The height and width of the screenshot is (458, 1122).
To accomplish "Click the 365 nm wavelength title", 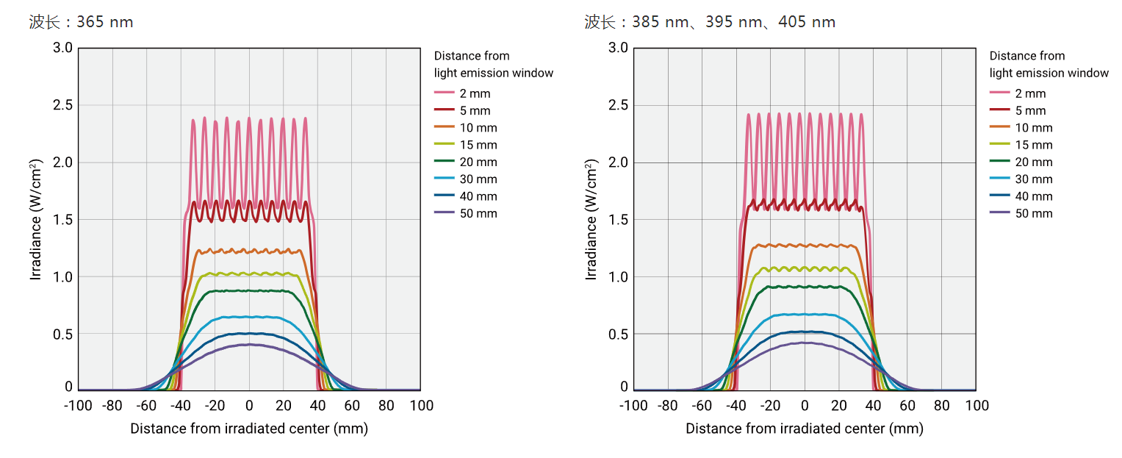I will click(81, 22).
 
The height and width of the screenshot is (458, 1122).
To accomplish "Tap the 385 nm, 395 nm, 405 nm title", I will click(710, 22).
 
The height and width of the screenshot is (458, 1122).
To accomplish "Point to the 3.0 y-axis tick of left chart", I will click(63, 48).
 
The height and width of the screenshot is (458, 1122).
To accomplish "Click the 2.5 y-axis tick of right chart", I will click(619, 105).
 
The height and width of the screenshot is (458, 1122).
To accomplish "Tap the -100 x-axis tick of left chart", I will click(78, 406).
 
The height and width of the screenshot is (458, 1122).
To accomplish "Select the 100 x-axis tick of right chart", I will click(977, 406).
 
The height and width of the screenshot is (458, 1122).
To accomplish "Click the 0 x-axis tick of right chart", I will click(805, 406).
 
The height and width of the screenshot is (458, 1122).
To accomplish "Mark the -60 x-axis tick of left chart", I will click(147, 406).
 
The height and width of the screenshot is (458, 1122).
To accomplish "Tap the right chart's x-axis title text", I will click(804, 429).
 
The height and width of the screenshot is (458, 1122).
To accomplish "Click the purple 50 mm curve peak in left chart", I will click(249, 344).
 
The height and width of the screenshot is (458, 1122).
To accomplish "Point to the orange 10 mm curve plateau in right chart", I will click(805, 245).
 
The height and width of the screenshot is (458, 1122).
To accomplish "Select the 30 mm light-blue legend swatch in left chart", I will click(445, 179).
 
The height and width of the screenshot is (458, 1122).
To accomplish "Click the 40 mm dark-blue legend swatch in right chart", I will click(1000, 196).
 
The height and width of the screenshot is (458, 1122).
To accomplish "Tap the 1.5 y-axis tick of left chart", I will click(63, 220).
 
